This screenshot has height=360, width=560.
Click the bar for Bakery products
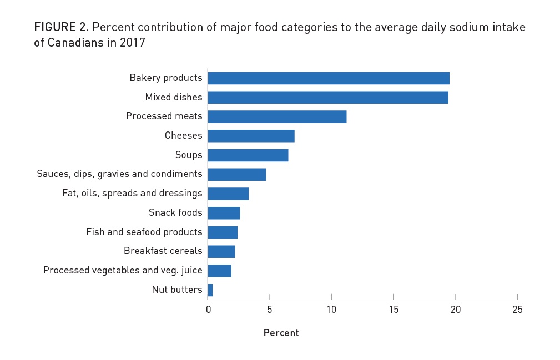click(328, 78)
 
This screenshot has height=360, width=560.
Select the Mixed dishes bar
click(327, 98)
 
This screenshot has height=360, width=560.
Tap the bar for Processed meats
click(277, 116)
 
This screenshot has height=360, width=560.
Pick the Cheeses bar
click(251, 136)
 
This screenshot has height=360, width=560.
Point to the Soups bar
click(248, 155)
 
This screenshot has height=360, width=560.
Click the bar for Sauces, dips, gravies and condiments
click(236, 174)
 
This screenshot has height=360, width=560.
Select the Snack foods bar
click(224, 213)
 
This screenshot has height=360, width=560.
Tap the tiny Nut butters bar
click(210, 290)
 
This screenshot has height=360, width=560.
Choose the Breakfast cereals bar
click(221, 251)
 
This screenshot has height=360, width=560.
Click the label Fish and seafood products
click(144, 232)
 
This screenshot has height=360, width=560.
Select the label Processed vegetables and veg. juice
click(123, 271)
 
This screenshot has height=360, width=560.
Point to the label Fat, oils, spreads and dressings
click(132, 194)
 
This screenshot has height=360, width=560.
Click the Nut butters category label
click(176, 290)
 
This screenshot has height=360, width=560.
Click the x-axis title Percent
click(281, 333)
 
